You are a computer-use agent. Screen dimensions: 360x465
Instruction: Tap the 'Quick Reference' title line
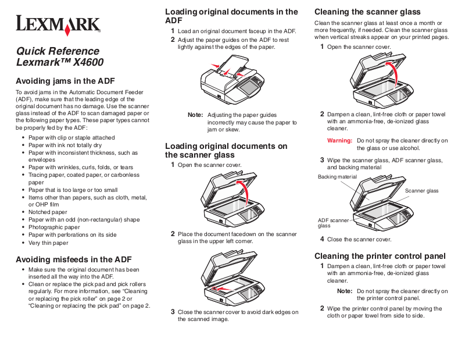(58, 51)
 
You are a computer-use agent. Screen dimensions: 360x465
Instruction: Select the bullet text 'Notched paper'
(48, 212)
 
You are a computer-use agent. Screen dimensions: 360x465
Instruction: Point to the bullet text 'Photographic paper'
(54, 227)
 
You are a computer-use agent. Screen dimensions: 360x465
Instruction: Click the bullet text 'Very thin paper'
(48, 243)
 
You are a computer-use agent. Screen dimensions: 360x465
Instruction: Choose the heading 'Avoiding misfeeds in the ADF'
(73, 259)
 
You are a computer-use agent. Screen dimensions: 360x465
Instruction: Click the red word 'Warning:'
(340, 141)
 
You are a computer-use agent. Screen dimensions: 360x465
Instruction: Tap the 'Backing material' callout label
(337, 176)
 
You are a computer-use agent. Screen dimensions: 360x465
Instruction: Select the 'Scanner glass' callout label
(421, 191)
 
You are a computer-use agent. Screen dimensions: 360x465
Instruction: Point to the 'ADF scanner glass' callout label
(332, 223)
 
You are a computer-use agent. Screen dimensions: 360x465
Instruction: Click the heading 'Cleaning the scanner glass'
(367, 12)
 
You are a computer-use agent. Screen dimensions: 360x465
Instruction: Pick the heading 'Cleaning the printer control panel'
(380, 256)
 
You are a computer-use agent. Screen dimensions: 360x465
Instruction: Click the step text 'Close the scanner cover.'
(359, 239)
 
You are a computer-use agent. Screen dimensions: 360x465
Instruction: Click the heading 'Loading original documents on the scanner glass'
(226, 151)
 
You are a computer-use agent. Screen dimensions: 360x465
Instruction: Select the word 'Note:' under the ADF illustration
(195, 115)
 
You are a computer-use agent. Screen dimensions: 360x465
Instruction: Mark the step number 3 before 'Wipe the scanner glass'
(322, 160)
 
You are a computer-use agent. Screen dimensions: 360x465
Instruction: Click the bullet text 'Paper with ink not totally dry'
(65, 145)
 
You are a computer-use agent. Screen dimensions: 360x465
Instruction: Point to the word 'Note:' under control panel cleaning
(345, 291)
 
